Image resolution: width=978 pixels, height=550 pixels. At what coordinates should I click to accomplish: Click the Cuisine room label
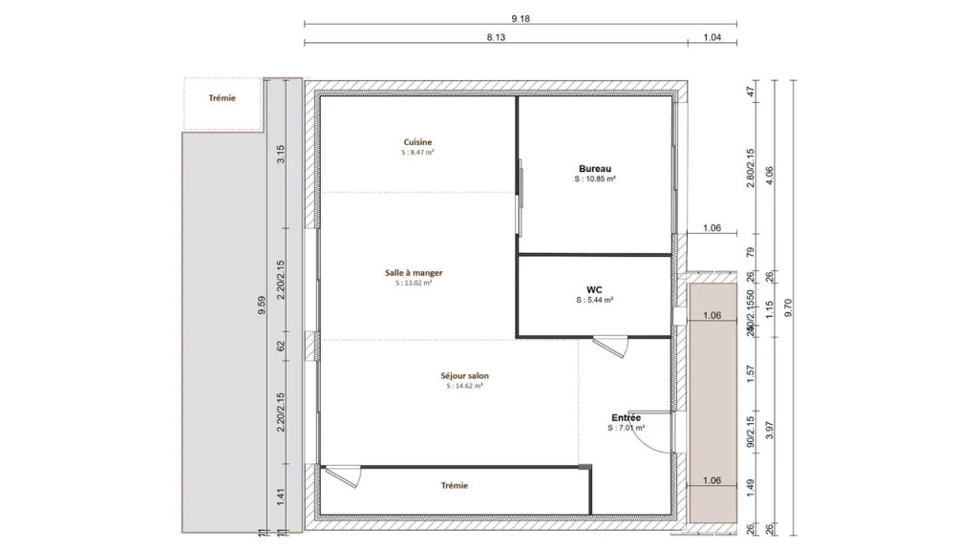[417, 142]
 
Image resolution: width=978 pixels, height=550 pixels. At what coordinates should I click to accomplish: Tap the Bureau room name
[594, 169]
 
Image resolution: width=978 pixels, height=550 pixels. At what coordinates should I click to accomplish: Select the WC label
[594, 289]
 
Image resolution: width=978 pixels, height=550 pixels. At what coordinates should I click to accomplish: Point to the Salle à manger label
[414, 273]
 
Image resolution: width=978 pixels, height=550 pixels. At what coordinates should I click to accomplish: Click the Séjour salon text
[464, 376]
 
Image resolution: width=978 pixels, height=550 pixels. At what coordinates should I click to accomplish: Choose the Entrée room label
[626, 418]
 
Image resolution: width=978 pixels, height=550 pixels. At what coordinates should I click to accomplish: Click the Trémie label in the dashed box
[222, 98]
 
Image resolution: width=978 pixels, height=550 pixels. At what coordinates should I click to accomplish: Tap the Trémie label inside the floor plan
[455, 486]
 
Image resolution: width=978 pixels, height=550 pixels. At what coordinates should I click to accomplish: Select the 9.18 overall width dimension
[521, 18]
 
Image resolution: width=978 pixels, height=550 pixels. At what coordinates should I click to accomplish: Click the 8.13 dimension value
[496, 37]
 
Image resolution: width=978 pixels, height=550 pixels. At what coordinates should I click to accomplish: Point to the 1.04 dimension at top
[712, 37]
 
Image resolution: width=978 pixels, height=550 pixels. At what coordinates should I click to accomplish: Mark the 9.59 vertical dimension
[263, 306]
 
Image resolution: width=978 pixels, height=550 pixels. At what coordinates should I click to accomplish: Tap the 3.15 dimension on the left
[281, 155]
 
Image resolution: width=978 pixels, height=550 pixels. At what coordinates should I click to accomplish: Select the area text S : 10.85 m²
[594, 180]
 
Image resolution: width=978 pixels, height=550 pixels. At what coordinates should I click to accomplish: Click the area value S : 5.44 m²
[594, 300]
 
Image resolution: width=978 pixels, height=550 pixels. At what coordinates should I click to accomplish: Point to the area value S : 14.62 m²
[464, 387]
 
